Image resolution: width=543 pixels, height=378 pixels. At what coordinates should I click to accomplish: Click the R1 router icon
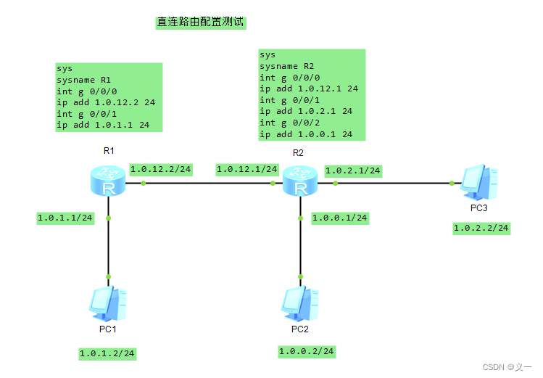coord(109,181)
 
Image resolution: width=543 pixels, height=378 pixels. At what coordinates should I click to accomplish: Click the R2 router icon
coord(299,181)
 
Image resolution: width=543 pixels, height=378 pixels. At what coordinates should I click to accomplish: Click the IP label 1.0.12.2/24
coord(161,169)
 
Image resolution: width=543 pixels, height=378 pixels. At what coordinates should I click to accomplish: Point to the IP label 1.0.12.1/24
coord(247,169)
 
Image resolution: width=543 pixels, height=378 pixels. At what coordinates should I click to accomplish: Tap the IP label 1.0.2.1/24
coord(353,170)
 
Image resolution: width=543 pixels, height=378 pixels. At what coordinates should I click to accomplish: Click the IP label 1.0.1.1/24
coord(65,218)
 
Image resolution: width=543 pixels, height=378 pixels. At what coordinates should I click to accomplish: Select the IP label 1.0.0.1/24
coord(340,218)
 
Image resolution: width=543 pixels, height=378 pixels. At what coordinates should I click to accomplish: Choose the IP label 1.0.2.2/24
coord(481,228)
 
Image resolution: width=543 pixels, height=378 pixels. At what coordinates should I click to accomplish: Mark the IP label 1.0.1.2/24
coord(107,353)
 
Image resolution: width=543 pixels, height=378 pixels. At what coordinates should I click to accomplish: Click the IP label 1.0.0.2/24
coord(307,351)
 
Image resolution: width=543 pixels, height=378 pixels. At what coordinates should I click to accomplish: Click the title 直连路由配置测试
coord(201,22)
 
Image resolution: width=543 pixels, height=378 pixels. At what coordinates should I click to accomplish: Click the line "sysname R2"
coord(286,66)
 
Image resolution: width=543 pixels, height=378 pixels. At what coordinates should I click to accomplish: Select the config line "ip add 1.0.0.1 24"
coord(306,134)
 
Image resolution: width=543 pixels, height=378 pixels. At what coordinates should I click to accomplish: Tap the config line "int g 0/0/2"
coord(289,123)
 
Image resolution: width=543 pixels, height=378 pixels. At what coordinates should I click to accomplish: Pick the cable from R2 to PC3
coord(395,183)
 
